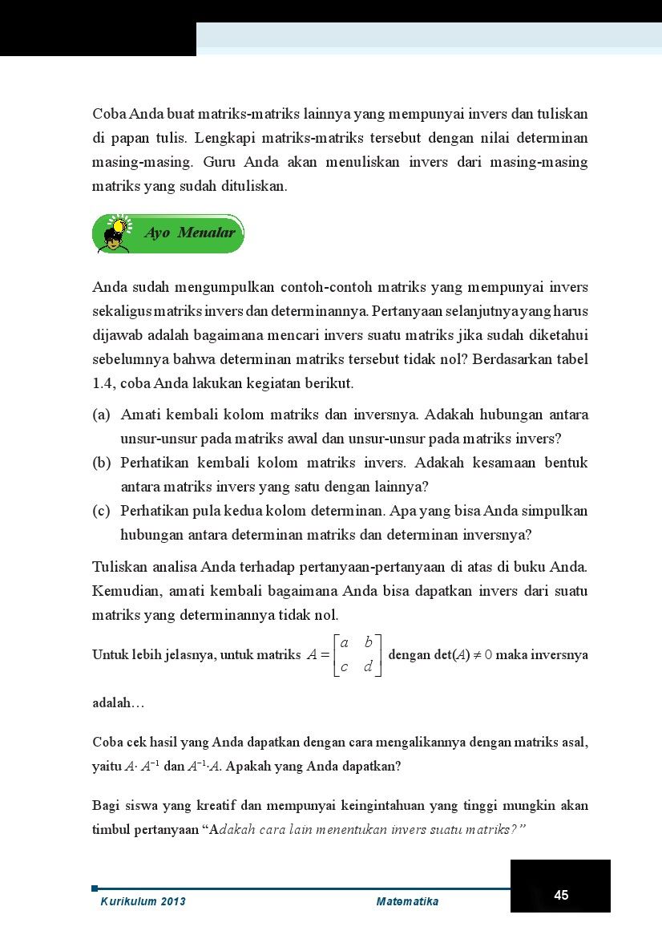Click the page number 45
click(x=561, y=895)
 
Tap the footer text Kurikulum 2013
click(x=143, y=901)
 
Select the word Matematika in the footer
click(x=407, y=901)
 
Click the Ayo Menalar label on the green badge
click(x=189, y=233)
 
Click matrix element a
click(x=344, y=642)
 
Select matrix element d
click(x=368, y=667)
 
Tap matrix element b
click(x=368, y=642)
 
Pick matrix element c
click(x=344, y=667)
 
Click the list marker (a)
click(x=102, y=415)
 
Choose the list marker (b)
click(x=102, y=463)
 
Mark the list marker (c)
click(x=102, y=511)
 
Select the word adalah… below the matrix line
click(x=119, y=703)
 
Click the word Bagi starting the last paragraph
click(x=107, y=805)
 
